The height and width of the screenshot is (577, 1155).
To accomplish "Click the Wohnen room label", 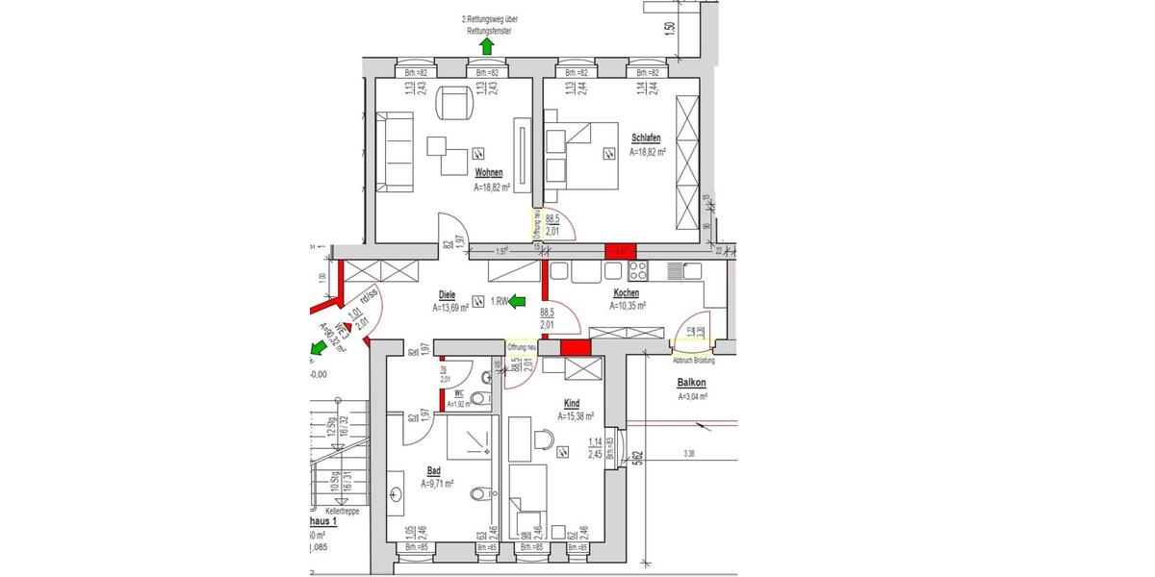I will click(x=489, y=172).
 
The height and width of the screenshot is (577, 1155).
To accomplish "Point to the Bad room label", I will click(x=433, y=471).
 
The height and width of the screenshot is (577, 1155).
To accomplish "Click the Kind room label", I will click(x=572, y=404).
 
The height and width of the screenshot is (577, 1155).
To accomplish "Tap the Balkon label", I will click(x=692, y=383).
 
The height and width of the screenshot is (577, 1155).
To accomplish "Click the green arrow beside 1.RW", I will click(x=519, y=302).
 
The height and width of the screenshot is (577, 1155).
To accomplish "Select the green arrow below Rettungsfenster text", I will click(x=488, y=44).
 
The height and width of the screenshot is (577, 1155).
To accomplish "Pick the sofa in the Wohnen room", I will click(x=395, y=151).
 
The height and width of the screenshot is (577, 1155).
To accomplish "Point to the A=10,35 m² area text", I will click(x=628, y=306).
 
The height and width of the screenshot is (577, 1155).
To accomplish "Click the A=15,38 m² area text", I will click(x=576, y=416).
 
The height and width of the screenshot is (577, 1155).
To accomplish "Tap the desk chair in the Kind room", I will click(x=544, y=439).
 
